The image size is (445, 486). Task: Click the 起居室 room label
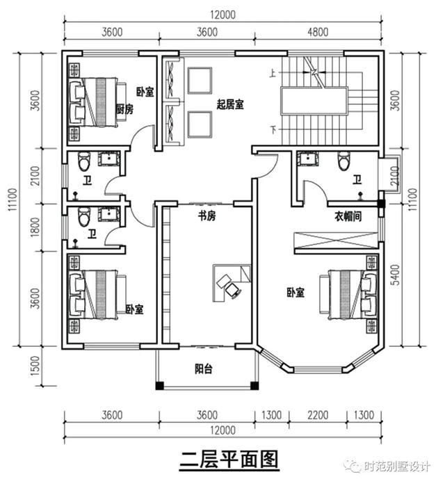pos(229,104)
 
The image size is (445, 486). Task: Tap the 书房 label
pos(207,216)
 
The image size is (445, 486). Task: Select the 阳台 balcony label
pos(204,369)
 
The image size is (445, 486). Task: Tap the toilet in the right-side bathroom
pos(342,161)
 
